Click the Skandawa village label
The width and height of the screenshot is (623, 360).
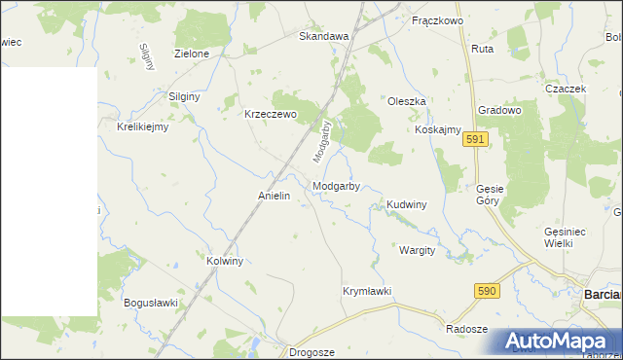click(323, 36)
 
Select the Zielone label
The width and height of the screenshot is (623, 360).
click(192, 54)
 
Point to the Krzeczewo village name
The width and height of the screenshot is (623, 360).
click(270, 114)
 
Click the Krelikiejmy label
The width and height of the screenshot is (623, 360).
click(143, 126)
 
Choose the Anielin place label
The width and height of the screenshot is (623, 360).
click(275, 196)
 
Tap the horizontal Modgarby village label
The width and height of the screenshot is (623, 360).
click(337, 186)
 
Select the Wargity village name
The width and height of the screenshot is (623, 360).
click(417, 250)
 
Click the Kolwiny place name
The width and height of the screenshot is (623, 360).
click(225, 262)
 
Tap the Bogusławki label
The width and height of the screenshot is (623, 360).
click(151, 303)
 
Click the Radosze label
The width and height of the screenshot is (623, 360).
click(466, 329)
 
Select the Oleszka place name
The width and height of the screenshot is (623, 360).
click(407, 102)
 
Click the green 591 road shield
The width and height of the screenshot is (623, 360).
click(475, 140)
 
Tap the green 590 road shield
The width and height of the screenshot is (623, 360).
click(488, 291)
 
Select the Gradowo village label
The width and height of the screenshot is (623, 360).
click(499, 111)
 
